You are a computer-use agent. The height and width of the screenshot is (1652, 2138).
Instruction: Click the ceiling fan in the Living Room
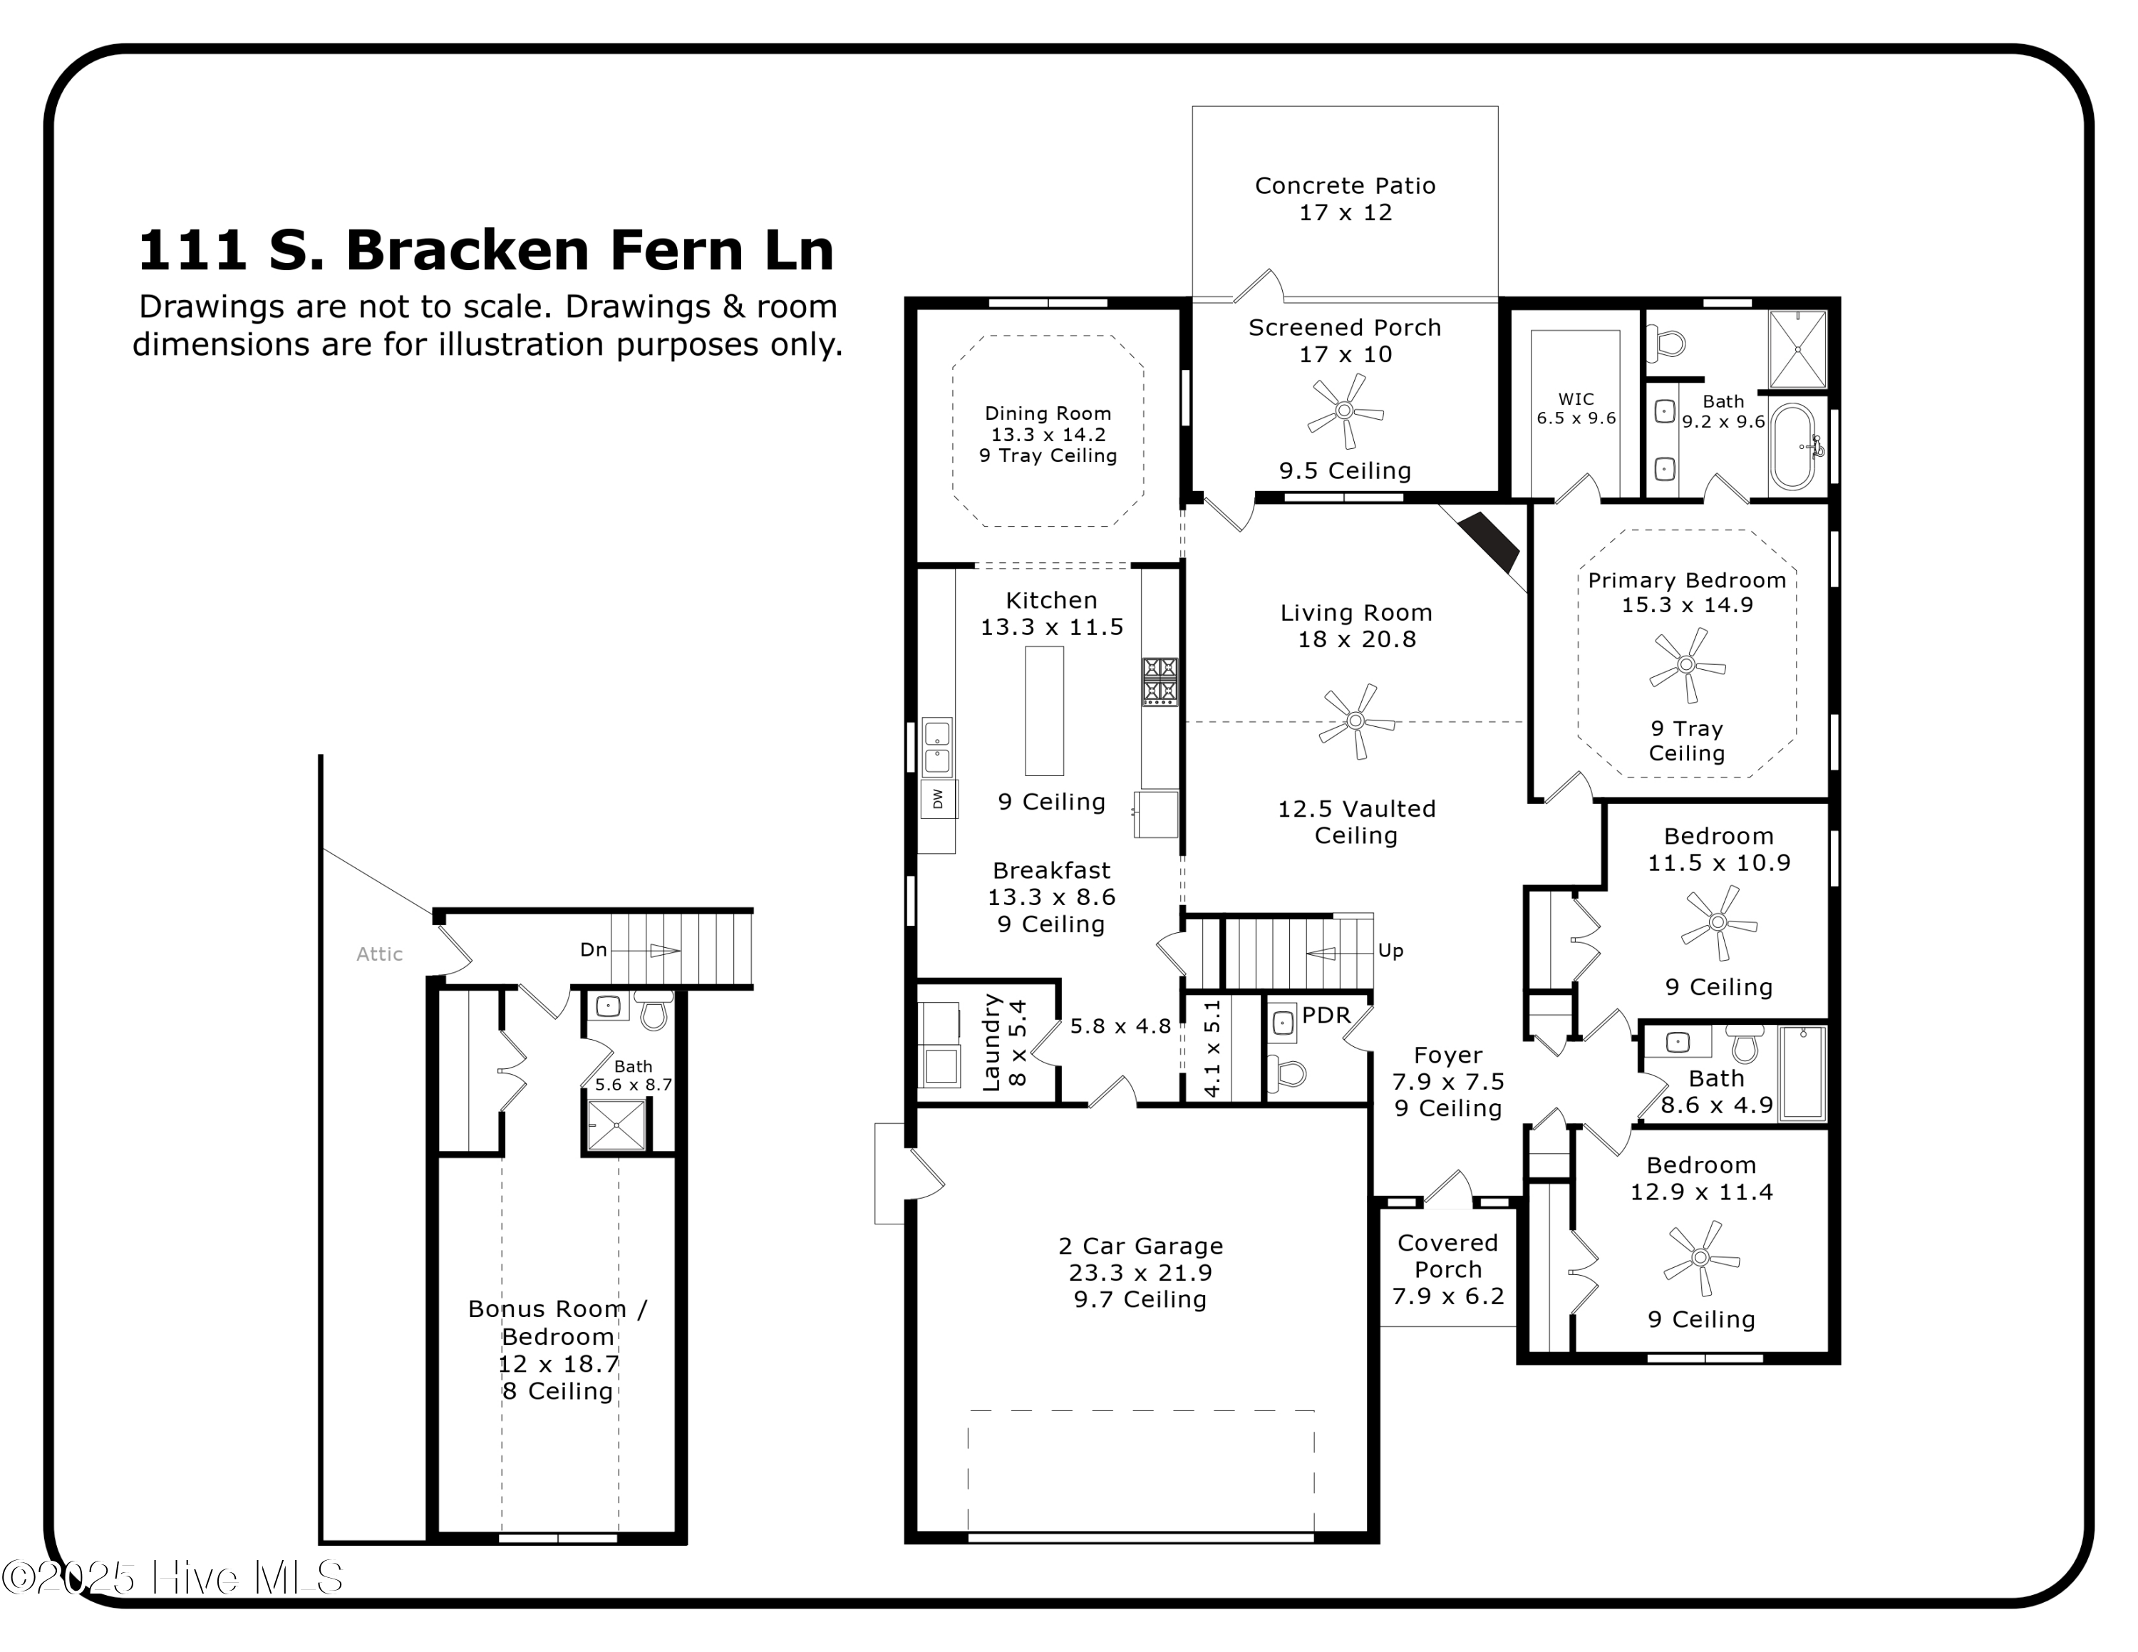(x=1355, y=721)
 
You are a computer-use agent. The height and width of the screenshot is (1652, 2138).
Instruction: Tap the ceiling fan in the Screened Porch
(x=1345, y=411)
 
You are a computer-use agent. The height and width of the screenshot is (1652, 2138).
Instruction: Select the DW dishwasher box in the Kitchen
(x=938, y=800)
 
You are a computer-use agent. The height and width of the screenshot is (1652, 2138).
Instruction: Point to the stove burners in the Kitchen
(x=1160, y=681)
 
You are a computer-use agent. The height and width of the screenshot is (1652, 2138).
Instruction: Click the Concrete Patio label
(x=1345, y=199)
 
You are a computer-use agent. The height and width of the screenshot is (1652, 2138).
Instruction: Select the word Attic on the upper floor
(x=379, y=954)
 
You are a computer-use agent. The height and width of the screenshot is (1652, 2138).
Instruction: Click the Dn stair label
(x=593, y=949)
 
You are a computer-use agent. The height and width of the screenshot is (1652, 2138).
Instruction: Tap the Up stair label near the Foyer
(x=1390, y=950)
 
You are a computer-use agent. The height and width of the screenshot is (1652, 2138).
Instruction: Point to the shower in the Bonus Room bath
(x=616, y=1125)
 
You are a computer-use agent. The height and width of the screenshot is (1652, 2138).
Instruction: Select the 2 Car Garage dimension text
(x=1140, y=1272)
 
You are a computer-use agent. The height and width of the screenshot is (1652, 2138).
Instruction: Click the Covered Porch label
(x=1448, y=1256)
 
